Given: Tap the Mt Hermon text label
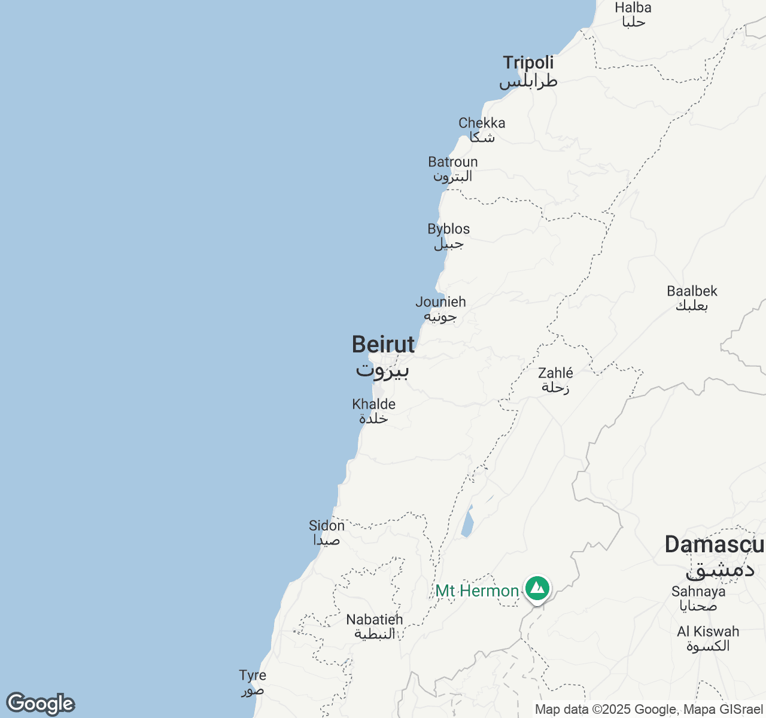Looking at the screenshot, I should tap(477, 591).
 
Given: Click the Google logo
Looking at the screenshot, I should tap(40, 704).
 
